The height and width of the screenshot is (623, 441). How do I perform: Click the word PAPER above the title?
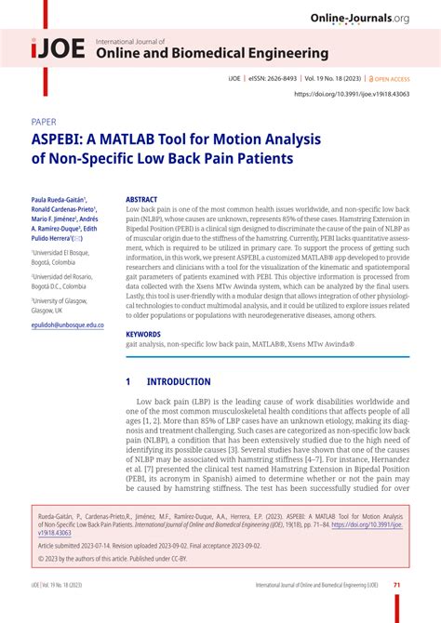pos(44,121)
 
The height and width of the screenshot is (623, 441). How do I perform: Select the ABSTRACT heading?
pos(141,199)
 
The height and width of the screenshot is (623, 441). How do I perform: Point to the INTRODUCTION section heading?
pos(179,381)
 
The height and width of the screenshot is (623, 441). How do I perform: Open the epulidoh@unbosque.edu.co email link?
pos(67,325)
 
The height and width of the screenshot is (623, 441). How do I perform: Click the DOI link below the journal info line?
pos(353,94)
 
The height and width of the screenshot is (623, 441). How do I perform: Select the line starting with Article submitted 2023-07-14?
pos(150,547)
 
